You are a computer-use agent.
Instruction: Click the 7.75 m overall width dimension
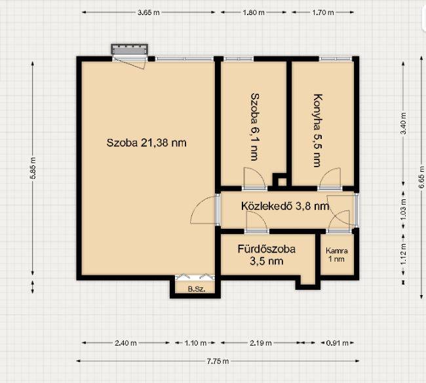(x=218, y=361)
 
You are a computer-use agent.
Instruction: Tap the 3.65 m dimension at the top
(x=148, y=12)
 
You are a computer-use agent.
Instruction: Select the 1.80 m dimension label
(x=253, y=12)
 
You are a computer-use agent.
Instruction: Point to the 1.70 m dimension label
(x=322, y=12)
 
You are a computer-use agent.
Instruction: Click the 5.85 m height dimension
(x=33, y=169)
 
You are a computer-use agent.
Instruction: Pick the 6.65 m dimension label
(x=421, y=177)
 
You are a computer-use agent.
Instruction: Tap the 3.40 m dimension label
(x=404, y=123)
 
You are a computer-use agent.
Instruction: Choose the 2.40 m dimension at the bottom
(x=126, y=343)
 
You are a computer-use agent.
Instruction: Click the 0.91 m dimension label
(x=337, y=343)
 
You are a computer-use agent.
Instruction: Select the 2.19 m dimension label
(x=261, y=343)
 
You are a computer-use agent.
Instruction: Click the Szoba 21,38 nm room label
(x=146, y=143)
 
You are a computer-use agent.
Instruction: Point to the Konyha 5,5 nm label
(x=318, y=131)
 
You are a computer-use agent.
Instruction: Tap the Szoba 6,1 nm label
(x=255, y=127)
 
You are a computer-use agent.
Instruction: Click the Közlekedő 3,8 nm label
(x=285, y=206)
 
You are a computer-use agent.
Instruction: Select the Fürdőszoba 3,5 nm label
(x=267, y=255)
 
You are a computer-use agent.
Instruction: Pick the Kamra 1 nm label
(x=337, y=254)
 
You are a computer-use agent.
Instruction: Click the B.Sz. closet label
(x=197, y=289)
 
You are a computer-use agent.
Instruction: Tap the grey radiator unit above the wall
(x=130, y=49)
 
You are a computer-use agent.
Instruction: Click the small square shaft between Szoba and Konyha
(x=282, y=181)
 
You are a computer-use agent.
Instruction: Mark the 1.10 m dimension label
(x=195, y=343)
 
